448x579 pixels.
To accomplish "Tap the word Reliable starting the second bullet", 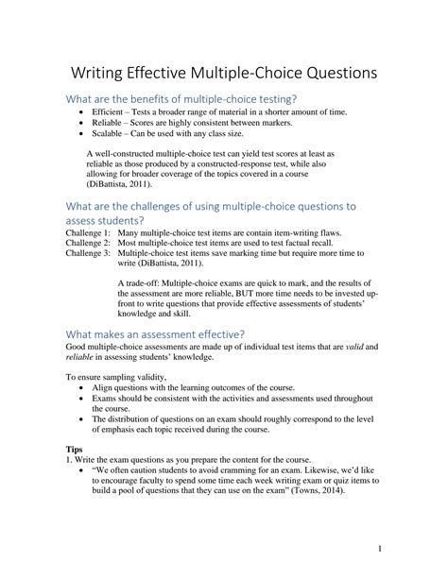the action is coord(110,124).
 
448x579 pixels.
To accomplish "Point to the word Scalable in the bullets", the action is coord(110,135).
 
